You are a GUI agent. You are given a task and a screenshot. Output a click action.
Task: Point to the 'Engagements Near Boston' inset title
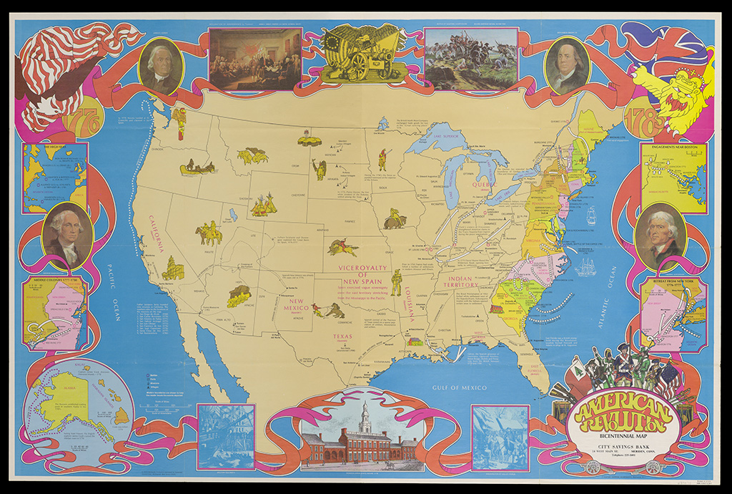(673, 149)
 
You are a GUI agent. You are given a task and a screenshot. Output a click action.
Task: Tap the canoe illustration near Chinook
(198, 168)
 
